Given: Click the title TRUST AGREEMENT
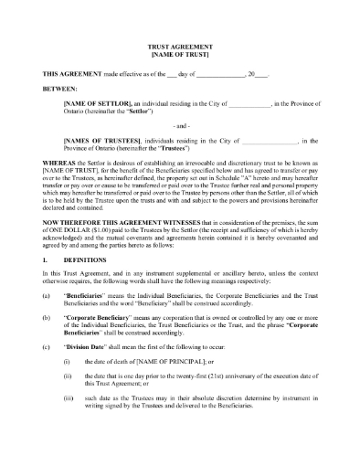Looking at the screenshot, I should [180, 44].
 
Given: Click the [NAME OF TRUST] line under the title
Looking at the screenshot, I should [180, 53].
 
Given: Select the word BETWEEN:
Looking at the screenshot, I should [60, 89].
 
